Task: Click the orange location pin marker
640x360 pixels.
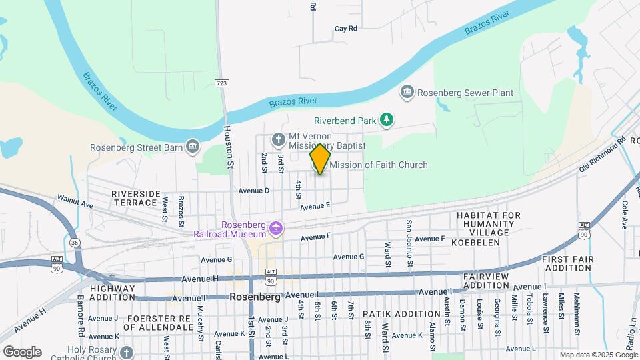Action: point(320,159)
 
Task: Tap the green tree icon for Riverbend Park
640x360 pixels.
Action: point(386,120)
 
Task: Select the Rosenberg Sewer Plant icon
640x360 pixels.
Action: point(407,92)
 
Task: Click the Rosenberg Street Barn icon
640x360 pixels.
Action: point(193,146)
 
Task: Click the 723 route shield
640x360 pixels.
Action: point(222,83)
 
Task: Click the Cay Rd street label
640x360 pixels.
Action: point(346,29)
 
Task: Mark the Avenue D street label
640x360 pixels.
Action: point(253,191)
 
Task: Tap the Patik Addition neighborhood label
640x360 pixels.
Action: point(393,313)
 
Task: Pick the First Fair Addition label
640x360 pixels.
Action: point(566,263)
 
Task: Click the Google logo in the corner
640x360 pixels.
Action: point(22,351)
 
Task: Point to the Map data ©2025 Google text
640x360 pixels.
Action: point(598,355)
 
